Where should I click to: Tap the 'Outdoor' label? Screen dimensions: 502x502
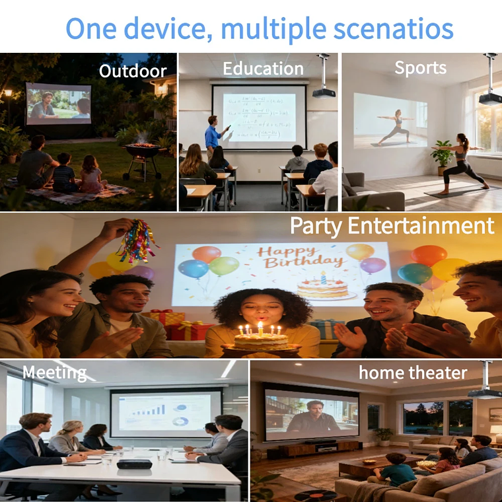click(133, 71)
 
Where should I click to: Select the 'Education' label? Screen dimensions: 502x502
click(263, 69)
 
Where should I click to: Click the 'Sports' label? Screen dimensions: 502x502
click(420, 67)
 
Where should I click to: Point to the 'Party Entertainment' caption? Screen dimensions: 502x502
click(392, 226)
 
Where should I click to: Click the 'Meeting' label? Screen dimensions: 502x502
click(54, 373)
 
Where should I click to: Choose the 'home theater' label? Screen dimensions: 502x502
click(413, 373)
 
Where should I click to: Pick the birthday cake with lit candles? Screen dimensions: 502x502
click(261, 340)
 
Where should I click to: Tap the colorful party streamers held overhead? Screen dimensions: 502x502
click(137, 242)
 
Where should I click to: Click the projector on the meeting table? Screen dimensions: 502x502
click(134, 464)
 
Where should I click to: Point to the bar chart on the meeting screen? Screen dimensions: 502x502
click(148, 410)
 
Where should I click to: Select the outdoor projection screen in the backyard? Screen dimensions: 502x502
click(58, 104)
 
